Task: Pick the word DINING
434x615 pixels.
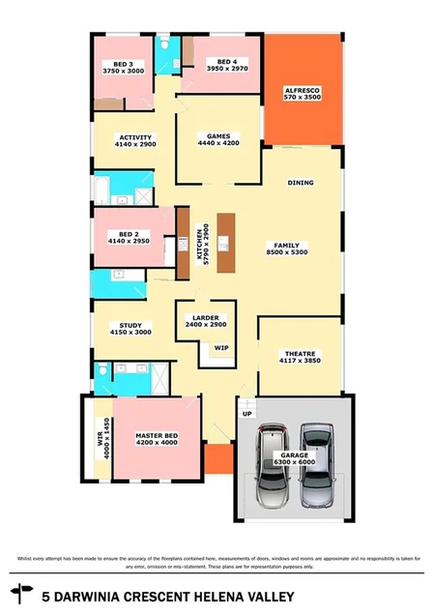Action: pyautogui.click(x=302, y=182)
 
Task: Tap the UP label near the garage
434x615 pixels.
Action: pyautogui.click(x=246, y=412)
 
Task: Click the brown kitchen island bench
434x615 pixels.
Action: pyautogui.click(x=226, y=242)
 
